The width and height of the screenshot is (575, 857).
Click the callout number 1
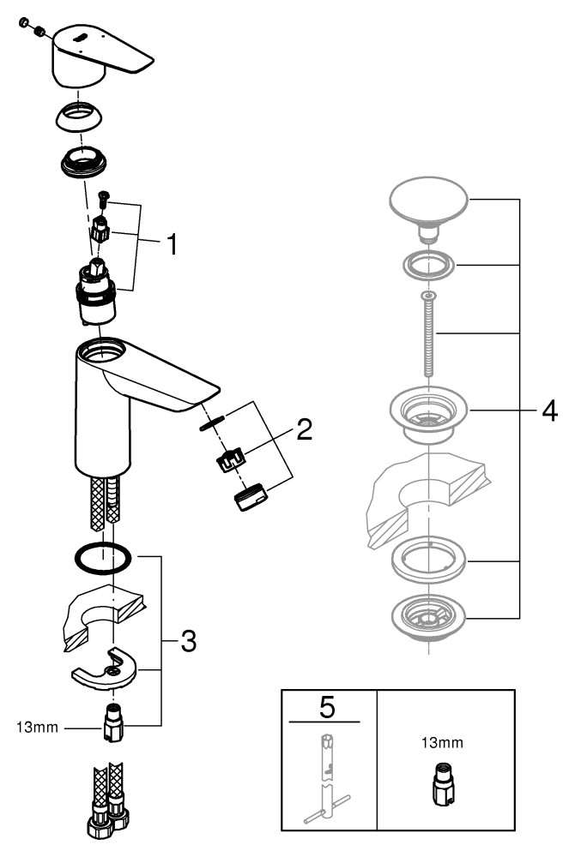(x=172, y=245)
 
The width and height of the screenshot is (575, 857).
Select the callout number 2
(x=303, y=429)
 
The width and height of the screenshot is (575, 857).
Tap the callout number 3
(x=187, y=639)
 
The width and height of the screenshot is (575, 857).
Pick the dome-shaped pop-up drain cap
(x=428, y=203)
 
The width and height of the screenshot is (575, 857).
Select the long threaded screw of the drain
(x=427, y=334)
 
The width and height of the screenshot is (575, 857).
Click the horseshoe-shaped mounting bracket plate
(x=108, y=668)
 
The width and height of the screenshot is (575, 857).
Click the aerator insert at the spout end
(x=250, y=498)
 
